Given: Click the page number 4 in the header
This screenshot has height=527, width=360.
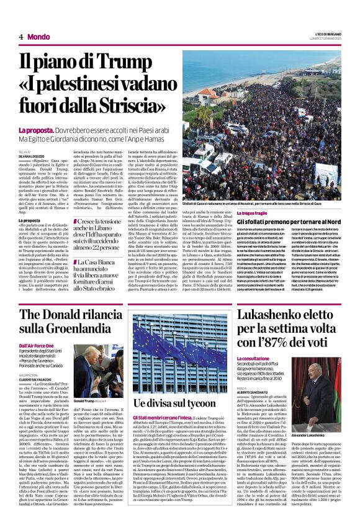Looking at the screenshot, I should coord(20,37).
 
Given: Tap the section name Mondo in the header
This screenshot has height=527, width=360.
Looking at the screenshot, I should coord(38,37).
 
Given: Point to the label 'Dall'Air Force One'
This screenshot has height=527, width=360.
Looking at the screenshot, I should coord(38,345).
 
